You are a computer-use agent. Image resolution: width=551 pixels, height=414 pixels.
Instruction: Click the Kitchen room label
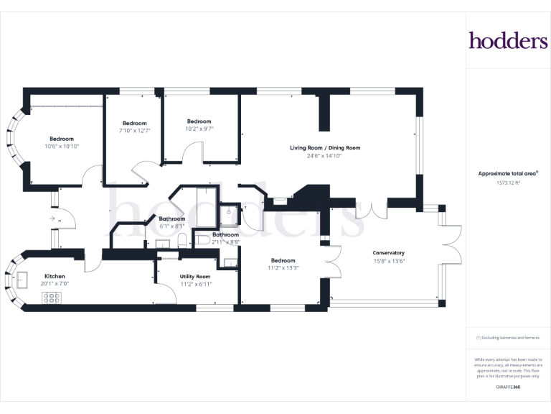click(x=55, y=276)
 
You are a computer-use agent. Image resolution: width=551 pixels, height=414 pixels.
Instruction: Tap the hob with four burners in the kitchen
click(x=52, y=298)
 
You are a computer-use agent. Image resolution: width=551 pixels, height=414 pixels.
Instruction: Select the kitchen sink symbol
click(x=22, y=280)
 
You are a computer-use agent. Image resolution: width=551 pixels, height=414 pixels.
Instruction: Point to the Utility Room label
click(x=195, y=277)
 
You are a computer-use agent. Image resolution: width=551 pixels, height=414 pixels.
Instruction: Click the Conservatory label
click(x=388, y=253)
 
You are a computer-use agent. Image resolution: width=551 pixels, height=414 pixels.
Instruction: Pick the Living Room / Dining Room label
click(x=325, y=148)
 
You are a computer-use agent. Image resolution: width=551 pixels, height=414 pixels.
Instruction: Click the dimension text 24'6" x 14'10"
click(x=324, y=156)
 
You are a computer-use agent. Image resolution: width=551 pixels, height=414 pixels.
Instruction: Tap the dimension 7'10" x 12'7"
click(x=135, y=131)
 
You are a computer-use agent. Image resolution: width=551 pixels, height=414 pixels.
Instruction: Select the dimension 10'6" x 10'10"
click(x=62, y=146)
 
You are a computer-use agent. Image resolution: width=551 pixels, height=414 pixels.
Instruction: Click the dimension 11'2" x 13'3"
click(x=283, y=268)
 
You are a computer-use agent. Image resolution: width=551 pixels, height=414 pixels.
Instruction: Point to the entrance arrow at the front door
click(x=52, y=218)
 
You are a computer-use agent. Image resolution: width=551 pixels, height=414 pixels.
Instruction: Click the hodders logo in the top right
click(x=508, y=40)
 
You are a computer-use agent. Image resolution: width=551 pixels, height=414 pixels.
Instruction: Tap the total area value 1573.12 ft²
click(x=508, y=183)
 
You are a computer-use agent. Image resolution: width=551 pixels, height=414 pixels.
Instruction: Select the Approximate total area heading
click(x=508, y=173)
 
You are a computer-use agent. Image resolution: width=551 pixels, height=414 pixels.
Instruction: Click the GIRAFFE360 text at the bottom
click(x=508, y=387)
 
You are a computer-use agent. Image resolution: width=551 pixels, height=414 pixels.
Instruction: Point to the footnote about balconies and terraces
click(x=508, y=338)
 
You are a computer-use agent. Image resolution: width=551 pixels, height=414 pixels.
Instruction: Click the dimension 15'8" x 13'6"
click(x=389, y=261)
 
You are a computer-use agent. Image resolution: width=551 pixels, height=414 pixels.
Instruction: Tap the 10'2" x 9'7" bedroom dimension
click(x=199, y=129)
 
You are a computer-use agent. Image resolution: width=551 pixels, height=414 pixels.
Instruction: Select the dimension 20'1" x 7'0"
click(x=55, y=284)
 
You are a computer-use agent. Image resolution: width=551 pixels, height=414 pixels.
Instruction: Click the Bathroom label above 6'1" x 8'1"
click(x=172, y=218)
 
